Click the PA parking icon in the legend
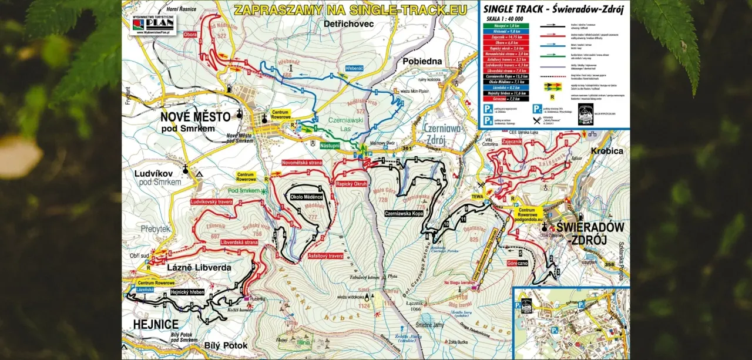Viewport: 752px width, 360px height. tap(487, 109)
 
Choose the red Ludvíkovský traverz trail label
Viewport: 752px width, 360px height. tap(212, 201)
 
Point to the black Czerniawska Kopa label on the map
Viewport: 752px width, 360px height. tap(404, 213)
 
